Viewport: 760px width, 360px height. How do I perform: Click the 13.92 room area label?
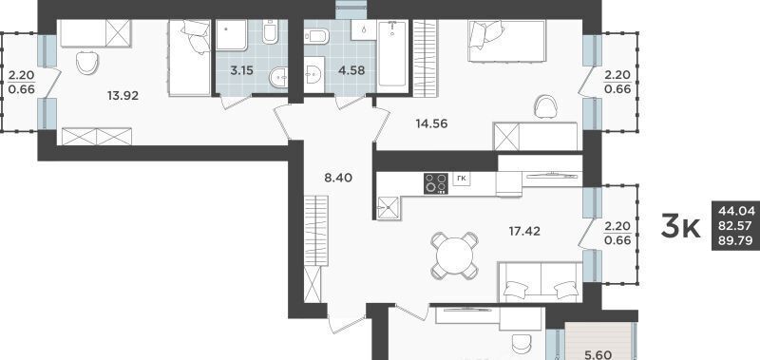tap(123, 96)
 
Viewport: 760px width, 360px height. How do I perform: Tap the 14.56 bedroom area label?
tap(431, 124)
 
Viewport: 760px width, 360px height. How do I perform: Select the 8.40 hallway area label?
tap(338, 178)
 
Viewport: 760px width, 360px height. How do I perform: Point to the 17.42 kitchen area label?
tap(525, 232)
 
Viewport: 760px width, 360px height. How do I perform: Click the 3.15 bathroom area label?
tap(242, 70)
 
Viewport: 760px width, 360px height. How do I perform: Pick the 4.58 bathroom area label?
tap(351, 70)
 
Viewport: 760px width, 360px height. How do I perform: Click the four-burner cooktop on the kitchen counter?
tap(436, 183)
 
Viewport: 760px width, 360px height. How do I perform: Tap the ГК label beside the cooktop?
tap(462, 179)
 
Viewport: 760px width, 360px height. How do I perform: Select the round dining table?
tap(455, 256)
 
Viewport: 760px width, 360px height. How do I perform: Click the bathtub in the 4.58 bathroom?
tap(392, 54)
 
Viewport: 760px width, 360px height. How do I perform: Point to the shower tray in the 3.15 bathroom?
tap(232, 34)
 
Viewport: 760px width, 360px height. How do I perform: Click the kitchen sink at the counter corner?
tap(388, 207)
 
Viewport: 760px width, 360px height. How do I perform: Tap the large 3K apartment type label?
tap(681, 228)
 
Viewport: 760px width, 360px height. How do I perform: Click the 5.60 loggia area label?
tap(598, 355)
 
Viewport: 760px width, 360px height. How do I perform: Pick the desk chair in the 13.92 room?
tap(87, 63)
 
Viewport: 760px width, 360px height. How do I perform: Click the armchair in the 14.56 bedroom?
tap(545, 106)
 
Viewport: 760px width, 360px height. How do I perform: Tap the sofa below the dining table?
tap(540, 282)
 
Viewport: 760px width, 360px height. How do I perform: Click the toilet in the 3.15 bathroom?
tap(270, 32)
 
